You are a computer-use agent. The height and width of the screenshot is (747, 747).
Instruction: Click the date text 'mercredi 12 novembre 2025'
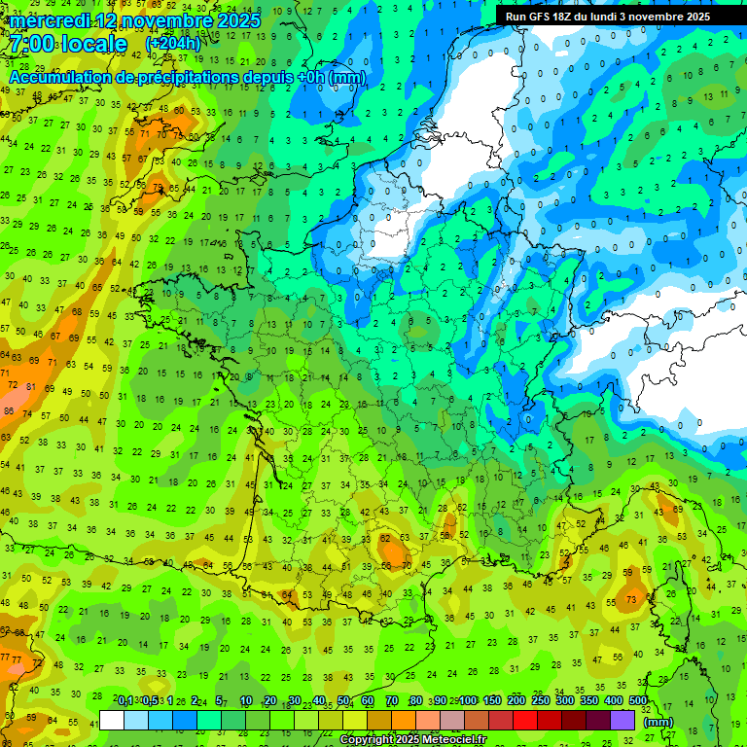pyautogui.click(x=135, y=20)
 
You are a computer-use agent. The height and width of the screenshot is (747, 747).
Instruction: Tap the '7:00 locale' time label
pyautogui.click(x=67, y=45)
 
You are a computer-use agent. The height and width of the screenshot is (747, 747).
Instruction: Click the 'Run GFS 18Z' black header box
pyautogui.click(x=608, y=17)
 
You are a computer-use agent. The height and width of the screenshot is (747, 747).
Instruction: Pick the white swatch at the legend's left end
pyautogui.click(x=112, y=721)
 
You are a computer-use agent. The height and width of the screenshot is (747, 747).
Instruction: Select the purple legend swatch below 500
pyautogui.click(x=622, y=721)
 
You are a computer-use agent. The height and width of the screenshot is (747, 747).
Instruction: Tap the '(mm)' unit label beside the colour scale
pyautogui.click(x=658, y=722)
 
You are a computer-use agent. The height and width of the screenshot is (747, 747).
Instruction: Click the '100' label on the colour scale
pyautogui.click(x=468, y=701)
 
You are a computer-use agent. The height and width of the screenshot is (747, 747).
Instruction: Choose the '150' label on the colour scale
pyautogui.click(x=492, y=701)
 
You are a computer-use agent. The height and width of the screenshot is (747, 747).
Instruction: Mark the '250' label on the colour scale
pyautogui.click(x=541, y=701)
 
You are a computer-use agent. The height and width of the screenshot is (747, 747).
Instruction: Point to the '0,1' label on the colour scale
pyautogui.click(x=125, y=701)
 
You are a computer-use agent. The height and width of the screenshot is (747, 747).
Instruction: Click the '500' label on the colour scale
pyautogui.click(x=638, y=701)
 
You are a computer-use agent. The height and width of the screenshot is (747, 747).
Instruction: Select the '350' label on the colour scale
pyautogui.click(x=589, y=701)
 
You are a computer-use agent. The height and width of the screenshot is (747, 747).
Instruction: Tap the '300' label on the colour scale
pyautogui.click(x=565, y=701)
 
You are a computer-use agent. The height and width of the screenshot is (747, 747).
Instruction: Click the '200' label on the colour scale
pyautogui.click(x=516, y=701)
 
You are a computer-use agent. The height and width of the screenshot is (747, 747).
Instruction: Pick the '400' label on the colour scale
pyautogui.click(x=614, y=701)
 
